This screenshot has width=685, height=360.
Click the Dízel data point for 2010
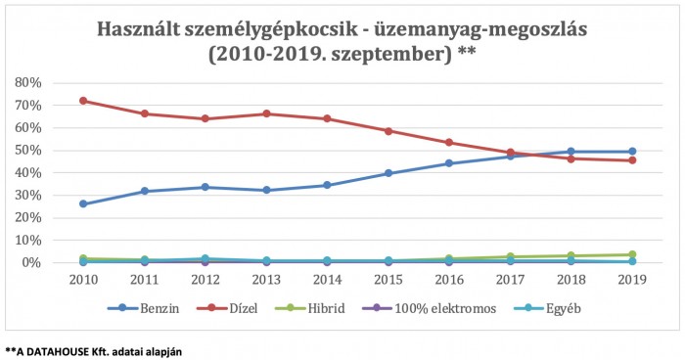[x=84, y=101]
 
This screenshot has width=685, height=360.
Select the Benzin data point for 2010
[x=84, y=203]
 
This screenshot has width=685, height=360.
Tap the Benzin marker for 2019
[x=632, y=152]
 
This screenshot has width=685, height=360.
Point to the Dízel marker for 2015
[x=388, y=131]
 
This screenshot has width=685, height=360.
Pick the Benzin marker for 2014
[x=328, y=185]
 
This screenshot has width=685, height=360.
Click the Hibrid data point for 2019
[x=632, y=254]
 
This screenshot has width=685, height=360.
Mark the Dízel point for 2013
[x=266, y=113]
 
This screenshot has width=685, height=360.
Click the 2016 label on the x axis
[x=449, y=279]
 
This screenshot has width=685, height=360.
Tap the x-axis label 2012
[x=205, y=279]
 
